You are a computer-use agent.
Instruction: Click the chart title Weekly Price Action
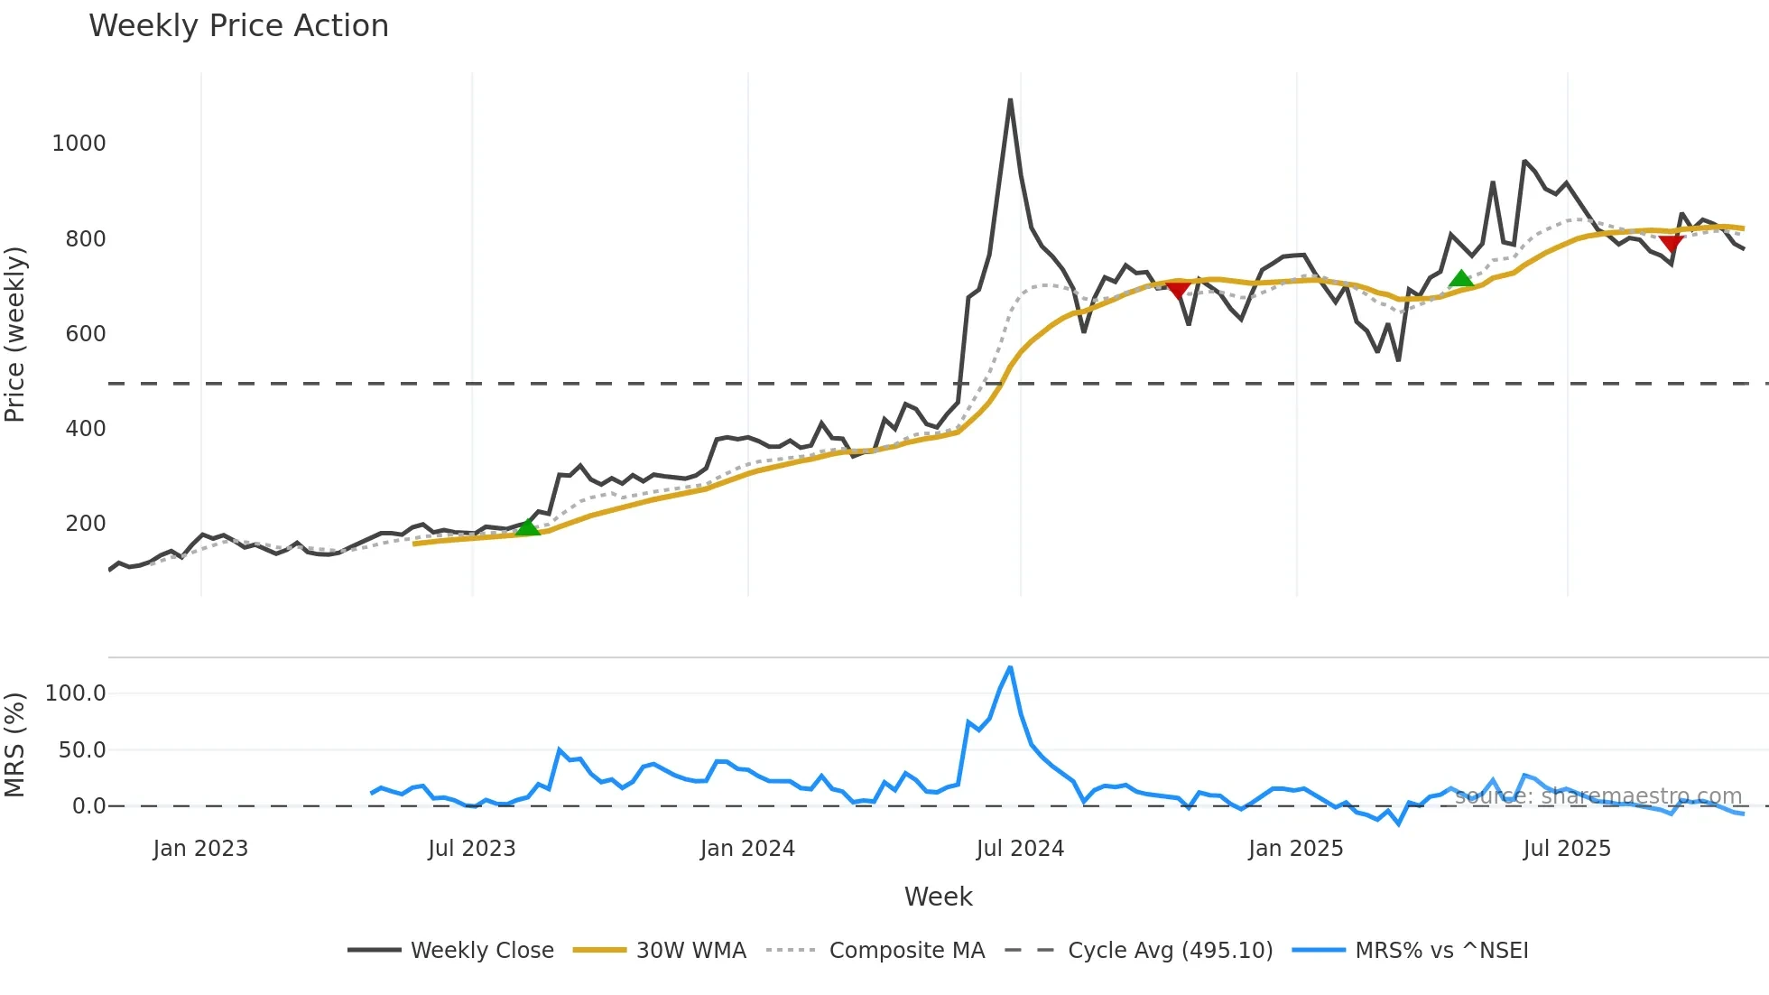[238, 26]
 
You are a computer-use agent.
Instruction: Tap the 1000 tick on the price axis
[79, 144]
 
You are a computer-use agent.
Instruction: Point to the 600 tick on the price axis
[85, 334]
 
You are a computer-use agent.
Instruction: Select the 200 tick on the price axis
[85, 524]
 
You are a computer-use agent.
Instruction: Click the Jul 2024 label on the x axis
[1020, 849]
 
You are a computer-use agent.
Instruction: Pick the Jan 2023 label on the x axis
[200, 849]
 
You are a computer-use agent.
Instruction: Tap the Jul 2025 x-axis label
[1567, 849]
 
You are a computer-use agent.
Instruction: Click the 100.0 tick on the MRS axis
[75, 693]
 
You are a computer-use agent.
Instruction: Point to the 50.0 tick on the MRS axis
[82, 750]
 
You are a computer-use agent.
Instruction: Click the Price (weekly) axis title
[14, 334]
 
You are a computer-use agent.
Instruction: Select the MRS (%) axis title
[14, 745]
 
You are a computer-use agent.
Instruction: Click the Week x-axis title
[938, 897]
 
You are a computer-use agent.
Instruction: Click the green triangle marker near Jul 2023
[528, 527]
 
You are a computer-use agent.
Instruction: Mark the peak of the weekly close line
[1010, 100]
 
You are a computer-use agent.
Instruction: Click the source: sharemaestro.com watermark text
[1598, 796]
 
